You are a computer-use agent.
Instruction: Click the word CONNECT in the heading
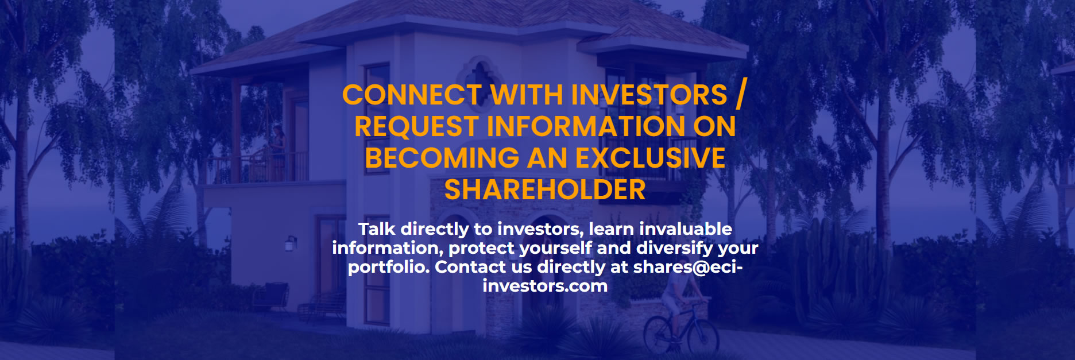click(412, 95)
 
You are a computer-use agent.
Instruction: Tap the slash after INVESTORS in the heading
click(740, 95)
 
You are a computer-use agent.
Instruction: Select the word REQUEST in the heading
click(416, 127)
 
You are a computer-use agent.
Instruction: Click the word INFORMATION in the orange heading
click(586, 127)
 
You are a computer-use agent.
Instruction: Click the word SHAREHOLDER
click(544, 190)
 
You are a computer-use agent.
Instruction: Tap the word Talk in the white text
click(377, 229)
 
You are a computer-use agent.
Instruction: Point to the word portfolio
click(388, 267)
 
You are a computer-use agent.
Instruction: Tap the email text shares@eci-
click(687, 267)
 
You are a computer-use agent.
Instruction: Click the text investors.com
click(544, 286)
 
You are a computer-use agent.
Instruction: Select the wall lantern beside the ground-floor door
click(291, 243)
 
